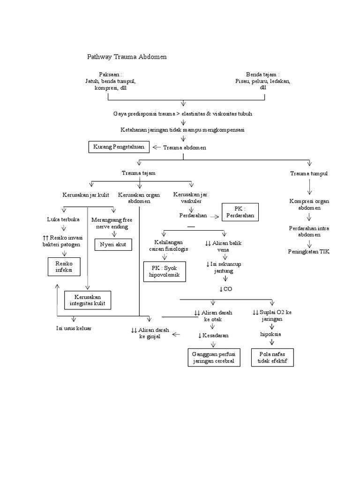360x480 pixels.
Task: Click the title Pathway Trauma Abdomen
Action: point(127,57)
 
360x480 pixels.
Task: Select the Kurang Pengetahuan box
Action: point(119,147)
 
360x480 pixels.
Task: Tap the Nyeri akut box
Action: point(113,244)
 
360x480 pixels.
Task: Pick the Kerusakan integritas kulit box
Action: point(88,300)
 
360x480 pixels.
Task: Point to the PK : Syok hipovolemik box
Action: point(165,271)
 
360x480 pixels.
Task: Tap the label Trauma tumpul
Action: point(309,173)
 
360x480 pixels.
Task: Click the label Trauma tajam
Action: point(138,173)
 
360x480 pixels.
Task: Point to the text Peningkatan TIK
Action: point(309,251)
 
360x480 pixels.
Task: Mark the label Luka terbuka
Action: point(63,219)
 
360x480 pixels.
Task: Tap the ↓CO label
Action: point(225,289)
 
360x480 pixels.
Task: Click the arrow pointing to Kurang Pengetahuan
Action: point(157,147)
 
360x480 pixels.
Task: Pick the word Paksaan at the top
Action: point(110,75)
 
